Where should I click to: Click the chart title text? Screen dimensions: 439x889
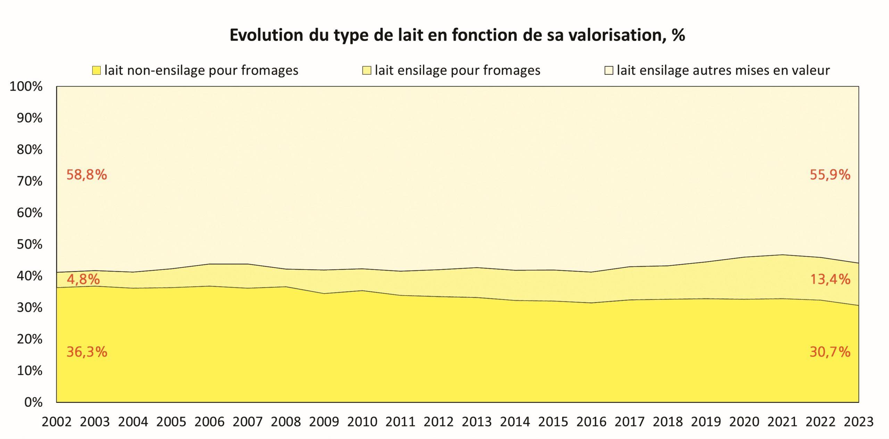click(457, 35)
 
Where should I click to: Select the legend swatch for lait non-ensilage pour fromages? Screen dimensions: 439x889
click(96, 71)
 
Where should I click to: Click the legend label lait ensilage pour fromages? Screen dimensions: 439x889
click(457, 71)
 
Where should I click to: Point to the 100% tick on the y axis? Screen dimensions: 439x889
click(26, 86)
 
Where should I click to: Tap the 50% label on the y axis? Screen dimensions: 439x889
click(30, 245)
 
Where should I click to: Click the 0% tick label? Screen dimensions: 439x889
click(33, 402)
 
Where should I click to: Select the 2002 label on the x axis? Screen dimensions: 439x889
click(57, 422)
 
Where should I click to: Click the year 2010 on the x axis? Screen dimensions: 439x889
click(362, 422)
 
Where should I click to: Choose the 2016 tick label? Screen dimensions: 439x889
click(591, 422)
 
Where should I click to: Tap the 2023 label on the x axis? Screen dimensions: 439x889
click(858, 422)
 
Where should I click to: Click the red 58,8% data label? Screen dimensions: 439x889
click(86, 175)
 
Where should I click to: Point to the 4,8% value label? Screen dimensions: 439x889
click(83, 279)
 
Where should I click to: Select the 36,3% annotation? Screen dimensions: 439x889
click(87, 352)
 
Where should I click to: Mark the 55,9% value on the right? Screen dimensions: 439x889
click(830, 175)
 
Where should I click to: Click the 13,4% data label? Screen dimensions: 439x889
click(830, 279)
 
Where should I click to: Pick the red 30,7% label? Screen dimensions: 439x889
click(830, 352)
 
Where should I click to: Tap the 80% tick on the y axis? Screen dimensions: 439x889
click(30, 150)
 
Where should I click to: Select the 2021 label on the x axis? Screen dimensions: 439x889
click(782, 422)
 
